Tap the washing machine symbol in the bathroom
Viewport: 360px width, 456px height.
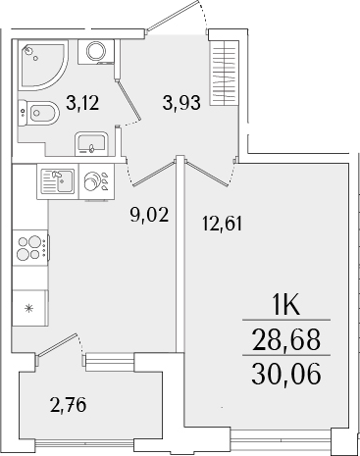(x=97, y=52)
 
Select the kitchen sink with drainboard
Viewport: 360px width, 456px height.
(x=57, y=179)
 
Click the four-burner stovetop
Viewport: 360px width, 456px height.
(x=30, y=247)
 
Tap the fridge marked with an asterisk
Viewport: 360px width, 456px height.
(x=28, y=309)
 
